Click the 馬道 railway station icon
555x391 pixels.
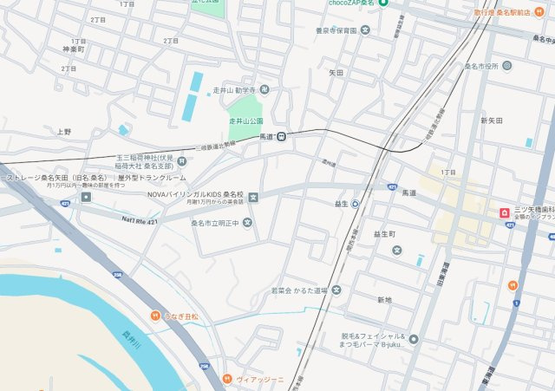[282, 135]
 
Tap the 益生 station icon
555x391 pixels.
[355, 205]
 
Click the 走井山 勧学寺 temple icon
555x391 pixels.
[264, 88]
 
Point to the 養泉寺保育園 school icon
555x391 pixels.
[365, 30]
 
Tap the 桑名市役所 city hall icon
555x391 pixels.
[507, 66]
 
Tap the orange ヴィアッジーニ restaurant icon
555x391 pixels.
[226, 379]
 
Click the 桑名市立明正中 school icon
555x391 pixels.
[248, 222]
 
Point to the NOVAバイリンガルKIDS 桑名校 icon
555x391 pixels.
[252, 197]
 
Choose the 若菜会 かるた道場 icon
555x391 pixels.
[336, 290]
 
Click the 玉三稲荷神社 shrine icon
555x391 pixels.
[181, 160]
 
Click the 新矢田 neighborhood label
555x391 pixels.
[492, 121]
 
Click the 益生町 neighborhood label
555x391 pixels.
[384, 234]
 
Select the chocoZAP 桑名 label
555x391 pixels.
[351, 3]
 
